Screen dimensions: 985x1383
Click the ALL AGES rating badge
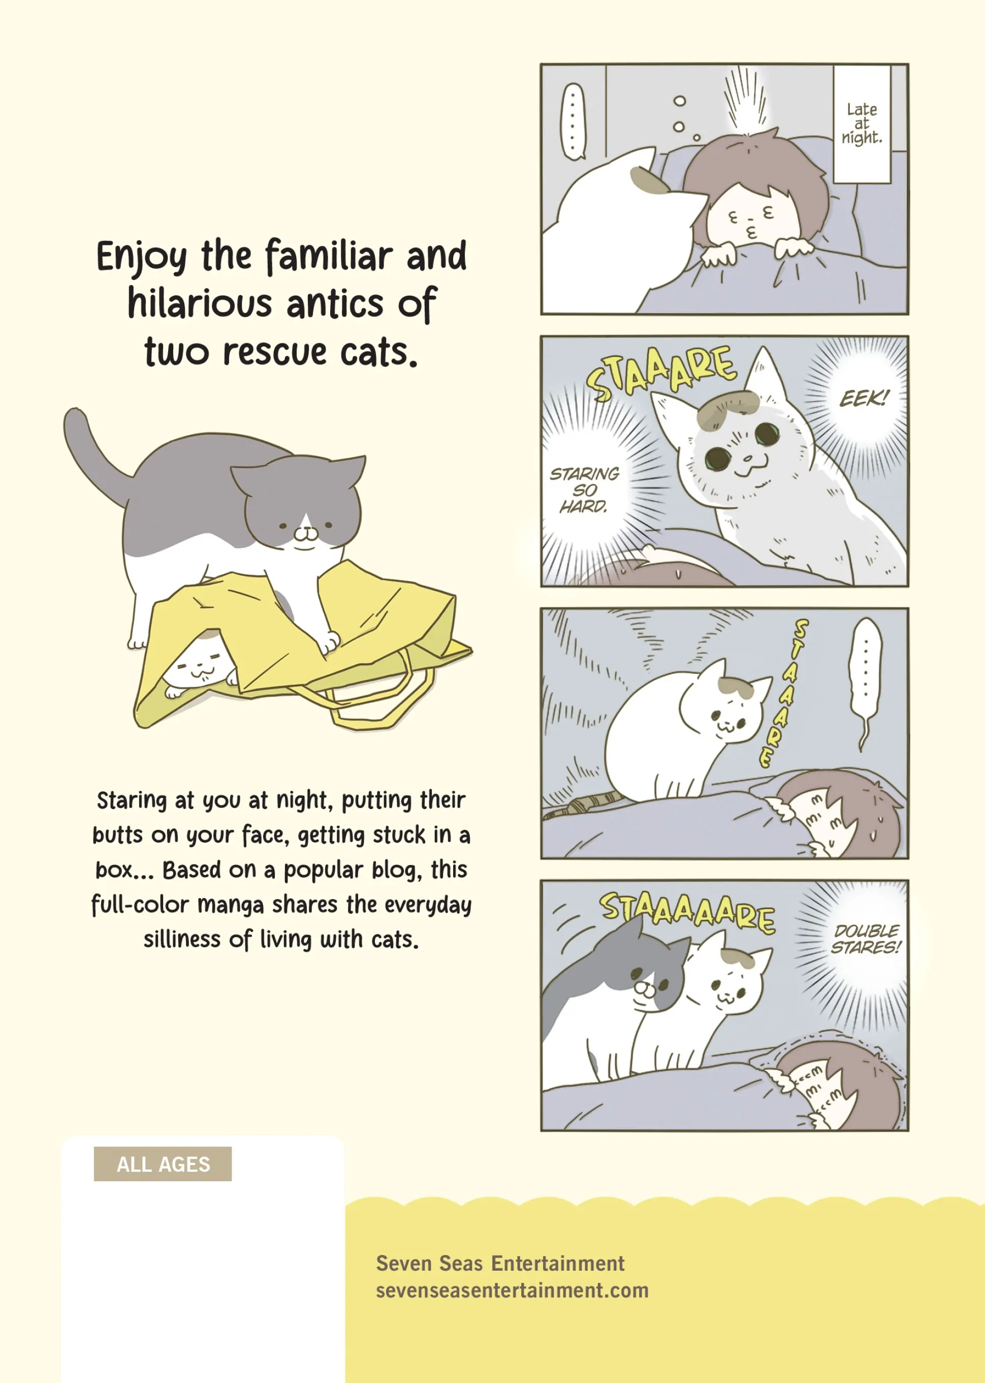(163, 1164)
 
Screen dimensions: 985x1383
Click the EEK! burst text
(864, 398)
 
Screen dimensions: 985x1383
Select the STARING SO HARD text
(584, 489)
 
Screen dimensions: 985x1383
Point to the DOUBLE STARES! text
(866, 939)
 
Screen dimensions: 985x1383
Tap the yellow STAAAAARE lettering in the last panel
(688, 911)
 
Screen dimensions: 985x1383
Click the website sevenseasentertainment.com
(512, 1290)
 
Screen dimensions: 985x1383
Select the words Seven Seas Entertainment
(500, 1263)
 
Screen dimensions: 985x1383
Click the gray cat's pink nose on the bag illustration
(306, 533)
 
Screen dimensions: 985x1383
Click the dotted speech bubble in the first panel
(573, 122)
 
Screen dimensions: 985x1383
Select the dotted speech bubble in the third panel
(866, 682)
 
